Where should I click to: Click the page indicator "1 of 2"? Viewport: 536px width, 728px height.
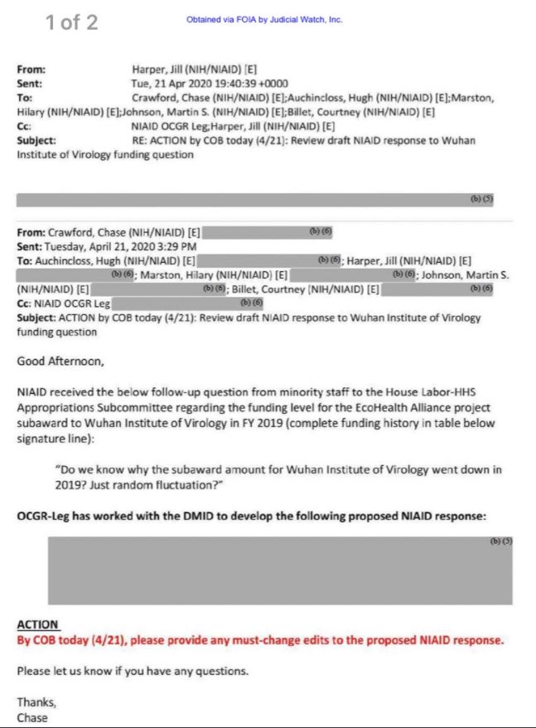coord(71,22)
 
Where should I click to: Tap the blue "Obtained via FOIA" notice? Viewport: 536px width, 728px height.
coord(264,20)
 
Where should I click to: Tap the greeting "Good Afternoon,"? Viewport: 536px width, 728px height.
coord(60,361)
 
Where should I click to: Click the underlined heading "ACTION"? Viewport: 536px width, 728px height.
coord(38,624)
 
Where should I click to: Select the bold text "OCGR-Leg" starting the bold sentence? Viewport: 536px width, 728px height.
coord(46,516)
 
